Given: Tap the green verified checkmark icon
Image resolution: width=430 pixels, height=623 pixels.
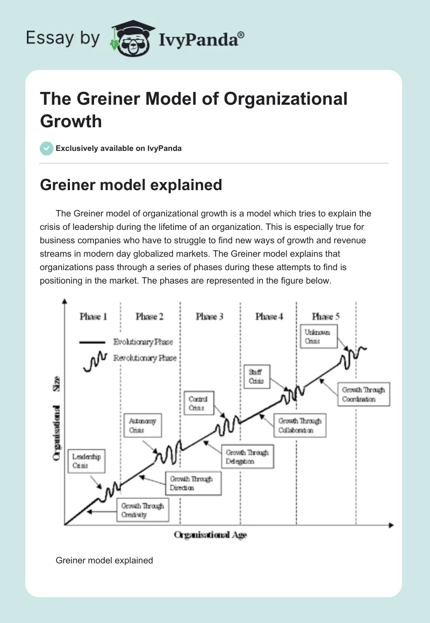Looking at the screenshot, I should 47,148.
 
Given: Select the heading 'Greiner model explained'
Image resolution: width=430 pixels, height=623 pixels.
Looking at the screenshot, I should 131,185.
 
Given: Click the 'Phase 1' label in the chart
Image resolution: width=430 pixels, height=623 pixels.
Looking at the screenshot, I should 93,317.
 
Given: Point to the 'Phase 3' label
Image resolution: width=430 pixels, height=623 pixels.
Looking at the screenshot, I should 210,317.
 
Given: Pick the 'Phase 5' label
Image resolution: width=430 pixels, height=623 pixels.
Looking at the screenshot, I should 326,317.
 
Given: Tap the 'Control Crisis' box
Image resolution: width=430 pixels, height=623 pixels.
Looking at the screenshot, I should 198,403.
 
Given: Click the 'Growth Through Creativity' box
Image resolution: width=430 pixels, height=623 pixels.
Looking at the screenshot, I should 142,510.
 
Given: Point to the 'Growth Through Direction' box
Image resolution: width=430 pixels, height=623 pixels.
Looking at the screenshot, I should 191,483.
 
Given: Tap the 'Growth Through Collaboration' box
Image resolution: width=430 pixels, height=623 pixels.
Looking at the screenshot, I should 300,426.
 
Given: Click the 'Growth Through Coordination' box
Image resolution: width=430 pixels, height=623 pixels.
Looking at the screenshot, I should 364,395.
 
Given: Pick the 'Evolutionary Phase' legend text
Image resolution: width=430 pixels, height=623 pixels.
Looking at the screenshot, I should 143,342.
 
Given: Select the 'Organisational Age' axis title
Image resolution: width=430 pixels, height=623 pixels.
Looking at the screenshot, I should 210,535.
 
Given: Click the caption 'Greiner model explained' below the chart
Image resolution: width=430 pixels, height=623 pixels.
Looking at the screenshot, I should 104,560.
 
